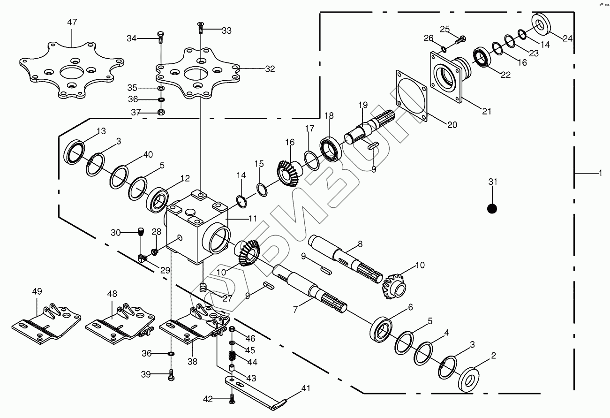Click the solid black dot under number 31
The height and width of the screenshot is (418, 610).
tap(491, 208)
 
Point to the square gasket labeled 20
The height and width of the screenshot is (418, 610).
tap(412, 97)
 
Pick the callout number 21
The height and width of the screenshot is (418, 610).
tap(487, 111)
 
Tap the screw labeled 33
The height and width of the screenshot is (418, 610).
tap(200, 28)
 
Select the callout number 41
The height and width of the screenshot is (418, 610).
tap(306, 388)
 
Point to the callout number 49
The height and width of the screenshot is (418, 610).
tap(37, 291)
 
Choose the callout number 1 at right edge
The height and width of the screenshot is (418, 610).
tap(600, 174)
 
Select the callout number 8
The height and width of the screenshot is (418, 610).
tap(360, 244)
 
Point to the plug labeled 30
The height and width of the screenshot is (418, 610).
tap(141, 231)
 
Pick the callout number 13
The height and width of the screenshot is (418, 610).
tap(101, 130)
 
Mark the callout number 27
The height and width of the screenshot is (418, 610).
tap(227, 297)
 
